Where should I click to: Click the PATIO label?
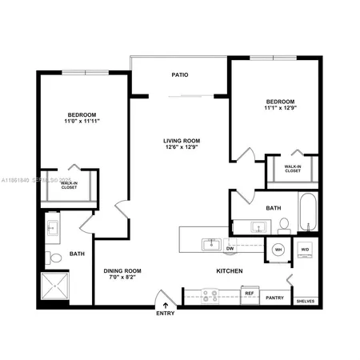[x=180, y=74]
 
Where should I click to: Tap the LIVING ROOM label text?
[x=181, y=139]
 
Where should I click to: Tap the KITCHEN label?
[x=230, y=271]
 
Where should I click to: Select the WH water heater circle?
[x=279, y=249]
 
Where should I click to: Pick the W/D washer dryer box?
[x=306, y=249]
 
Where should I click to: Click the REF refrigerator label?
[x=249, y=294]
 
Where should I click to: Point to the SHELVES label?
[x=305, y=302]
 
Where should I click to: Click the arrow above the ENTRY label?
[x=166, y=305]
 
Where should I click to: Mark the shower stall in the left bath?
[x=57, y=290]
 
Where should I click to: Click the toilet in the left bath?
[x=53, y=258]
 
